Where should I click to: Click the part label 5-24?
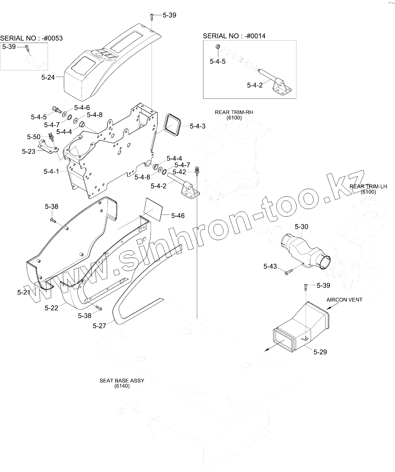pyautogui.click(x=48, y=77)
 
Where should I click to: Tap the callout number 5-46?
pyautogui.click(x=178, y=216)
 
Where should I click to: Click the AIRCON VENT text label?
pyautogui.click(x=344, y=300)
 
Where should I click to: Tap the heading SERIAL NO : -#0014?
pyautogui.click(x=234, y=36)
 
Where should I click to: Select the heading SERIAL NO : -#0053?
pyautogui.click(x=31, y=38)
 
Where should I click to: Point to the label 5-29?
pyautogui.click(x=320, y=352)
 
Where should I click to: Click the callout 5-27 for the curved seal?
pyautogui.click(x=99, y=326)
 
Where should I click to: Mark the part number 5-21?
pyautogui.click(x=24, y=292)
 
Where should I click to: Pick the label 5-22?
pyautogui.click(x=51, y=308)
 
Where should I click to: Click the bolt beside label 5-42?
pyautogui.click(x=197, y=170)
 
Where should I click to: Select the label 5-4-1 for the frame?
pyautogui.click(x=51, y=172)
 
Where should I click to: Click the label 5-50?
pyautogui.click(x=34, y=137)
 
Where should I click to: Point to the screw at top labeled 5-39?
pyautogui.click(x=152, y=15)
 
